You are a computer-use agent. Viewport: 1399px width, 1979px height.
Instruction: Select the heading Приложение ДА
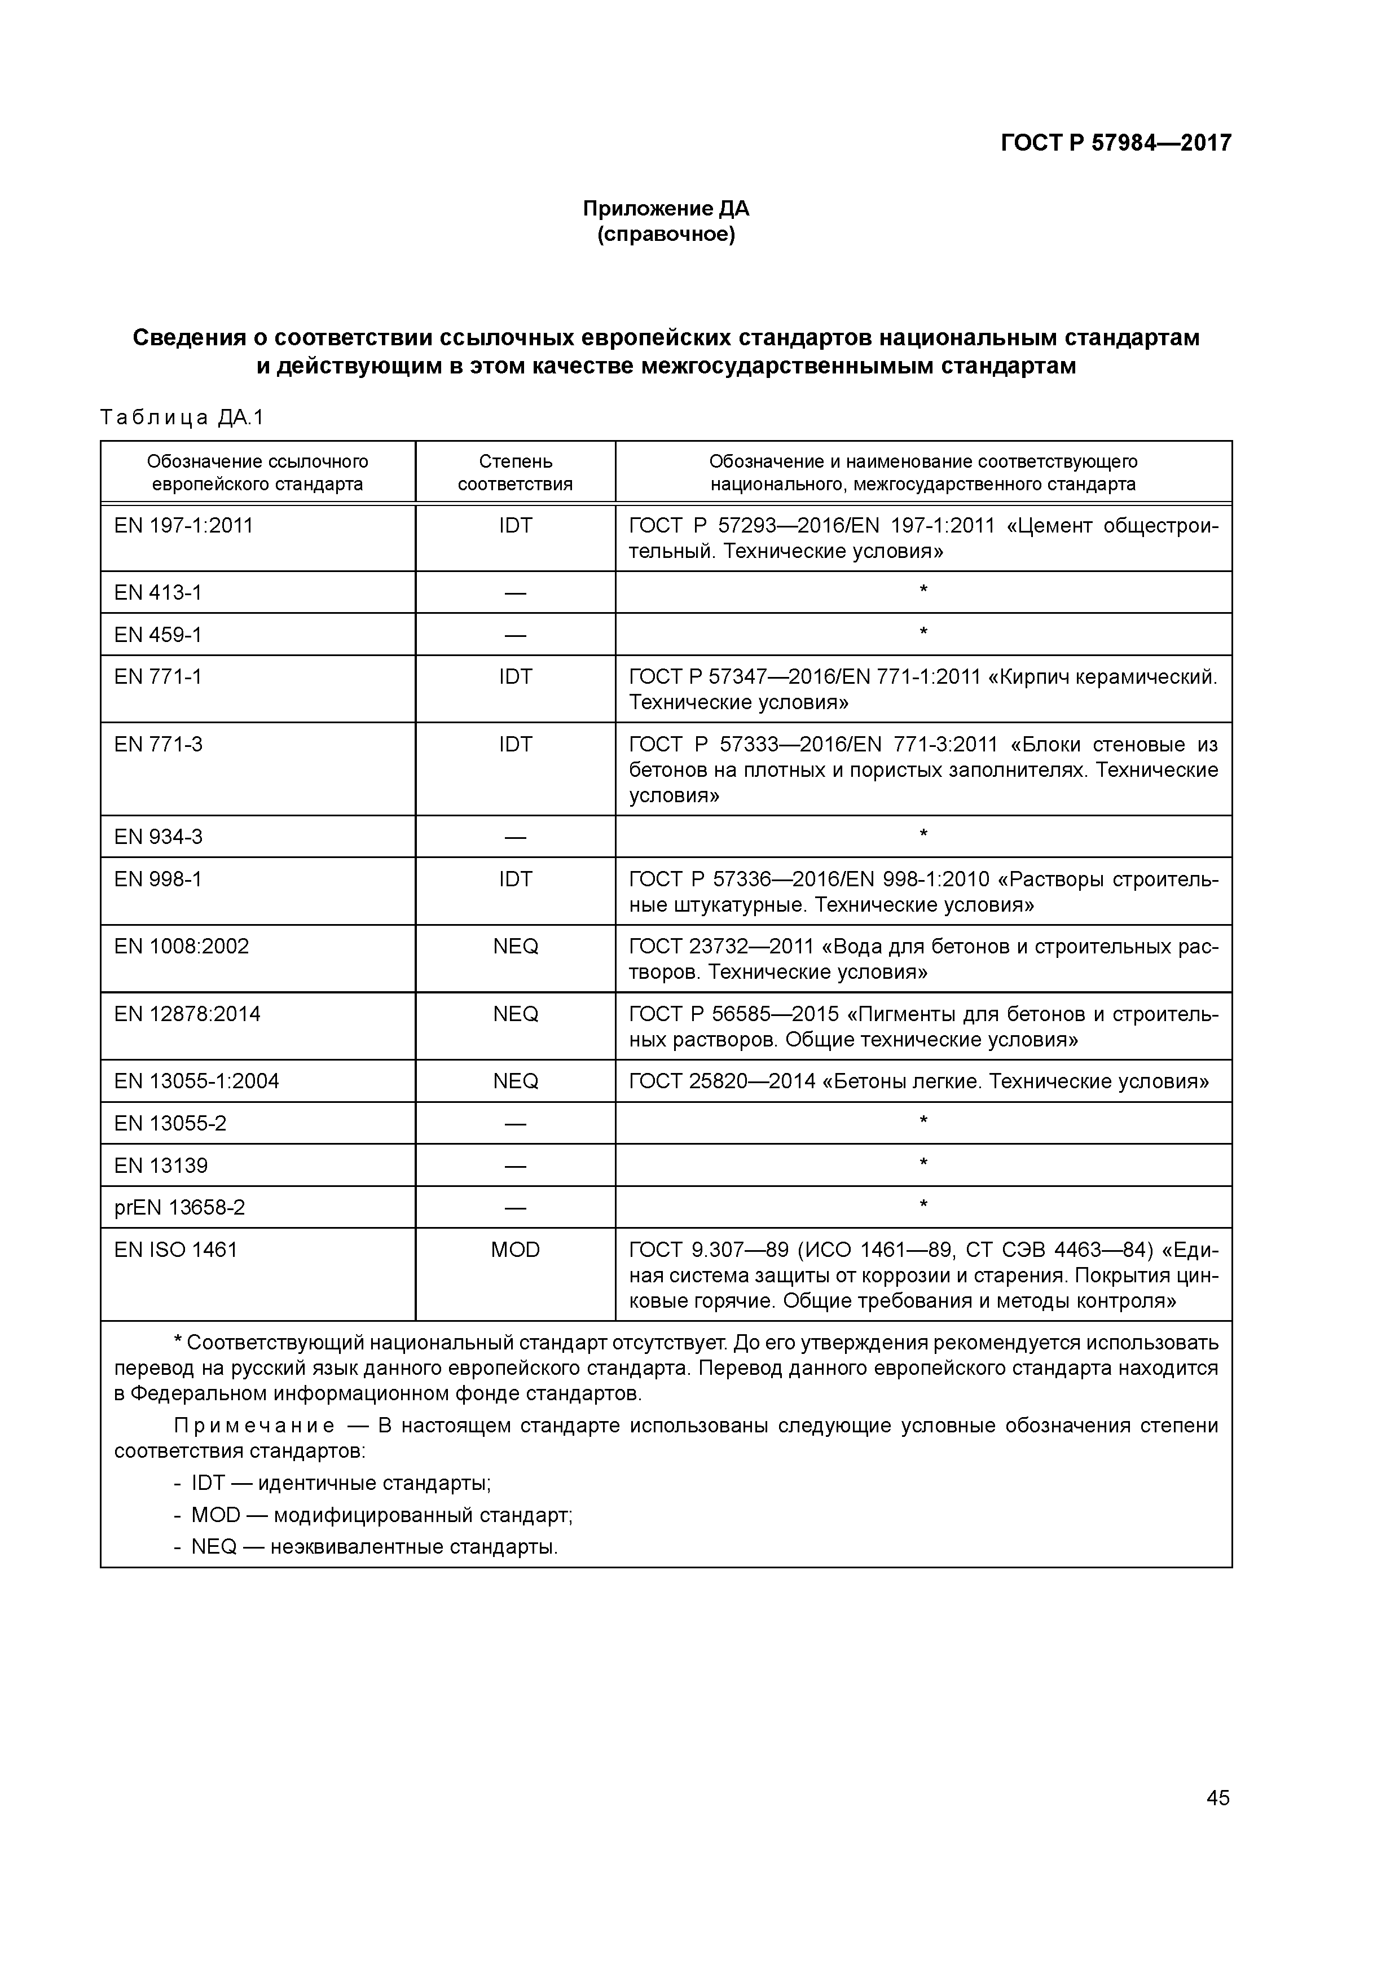(x=666, y=209)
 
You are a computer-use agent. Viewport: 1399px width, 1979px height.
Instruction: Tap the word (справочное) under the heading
(x=666, y=235)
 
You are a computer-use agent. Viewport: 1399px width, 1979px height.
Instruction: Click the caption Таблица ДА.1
(x=182, y=418)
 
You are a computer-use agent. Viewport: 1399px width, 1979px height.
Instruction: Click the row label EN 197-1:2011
(x=183, y=526)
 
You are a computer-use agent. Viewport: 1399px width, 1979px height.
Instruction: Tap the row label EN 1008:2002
(x=181, y=947)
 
